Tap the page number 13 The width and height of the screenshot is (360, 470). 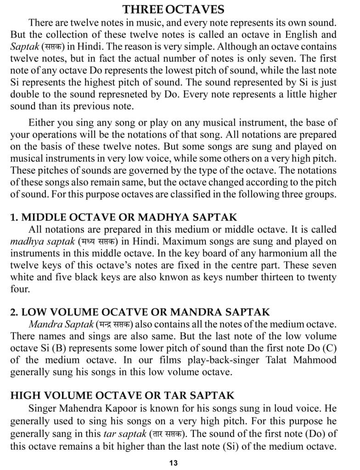tap(174, 462)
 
